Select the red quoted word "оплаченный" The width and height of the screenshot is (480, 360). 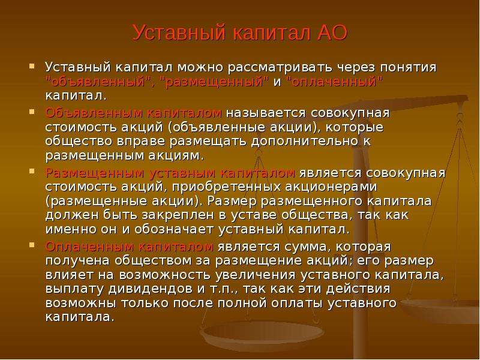pos(335,82)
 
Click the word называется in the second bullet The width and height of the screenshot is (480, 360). pos(266,113)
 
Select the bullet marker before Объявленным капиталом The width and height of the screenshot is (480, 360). pos(32,112)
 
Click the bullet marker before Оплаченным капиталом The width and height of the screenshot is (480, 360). pos(32,245)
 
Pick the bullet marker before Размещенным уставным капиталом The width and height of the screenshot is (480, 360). pos(32,172)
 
